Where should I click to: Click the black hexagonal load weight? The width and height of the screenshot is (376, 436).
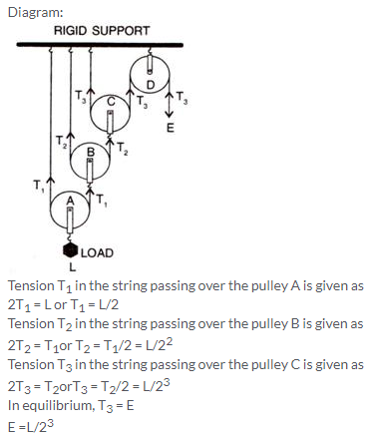[71, 250]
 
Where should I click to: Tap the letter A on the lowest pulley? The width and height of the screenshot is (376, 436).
[70, 201]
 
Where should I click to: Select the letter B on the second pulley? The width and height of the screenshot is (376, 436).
[91, 153]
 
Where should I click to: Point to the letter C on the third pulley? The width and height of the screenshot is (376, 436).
[111, 102]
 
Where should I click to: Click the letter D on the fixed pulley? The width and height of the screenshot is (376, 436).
[151, 85]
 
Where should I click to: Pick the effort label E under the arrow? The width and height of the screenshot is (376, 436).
[170, 128]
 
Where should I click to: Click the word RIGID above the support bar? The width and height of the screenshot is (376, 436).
[70, 31]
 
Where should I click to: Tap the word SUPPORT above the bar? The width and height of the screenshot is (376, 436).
[121, 31]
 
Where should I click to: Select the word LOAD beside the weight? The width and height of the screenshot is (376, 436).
[97, 253]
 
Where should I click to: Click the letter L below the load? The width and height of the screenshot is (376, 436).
[72, 266]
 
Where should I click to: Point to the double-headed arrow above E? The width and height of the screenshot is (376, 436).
[170, 105]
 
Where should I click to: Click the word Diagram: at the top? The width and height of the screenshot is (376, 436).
[36, 12]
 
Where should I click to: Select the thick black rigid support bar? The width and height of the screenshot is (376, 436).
[100, 45]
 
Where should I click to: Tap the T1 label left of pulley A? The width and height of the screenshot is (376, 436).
[39, 186]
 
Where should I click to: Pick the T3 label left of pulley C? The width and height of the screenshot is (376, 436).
[81, 96]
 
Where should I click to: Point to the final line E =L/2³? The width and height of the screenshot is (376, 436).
[31, 426]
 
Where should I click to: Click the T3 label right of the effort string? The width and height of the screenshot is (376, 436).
[182, 98]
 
